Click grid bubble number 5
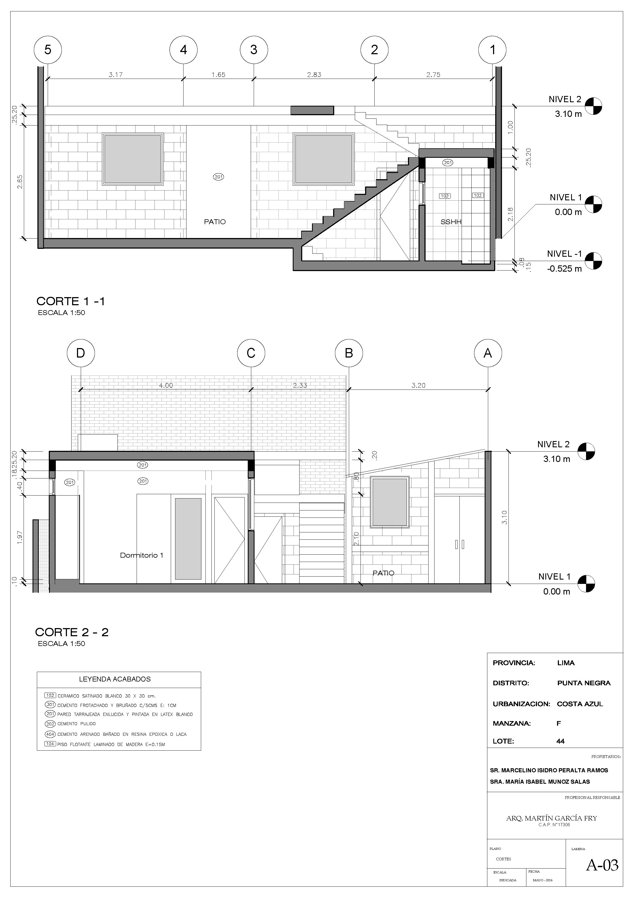[48, 50]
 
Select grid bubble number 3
[254, 50]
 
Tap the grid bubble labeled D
[81, 353]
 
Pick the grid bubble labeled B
[349, 353]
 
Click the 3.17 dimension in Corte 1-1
[116, 75]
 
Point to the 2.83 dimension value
[314, 75]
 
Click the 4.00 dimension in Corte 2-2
[166, 385]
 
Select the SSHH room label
[451, 222]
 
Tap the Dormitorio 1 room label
[141, 555]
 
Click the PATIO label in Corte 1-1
[215, 222]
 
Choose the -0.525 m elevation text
[564, 269]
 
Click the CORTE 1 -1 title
[71, 301]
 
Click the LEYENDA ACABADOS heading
[115, 679]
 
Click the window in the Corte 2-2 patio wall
[390, 502]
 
